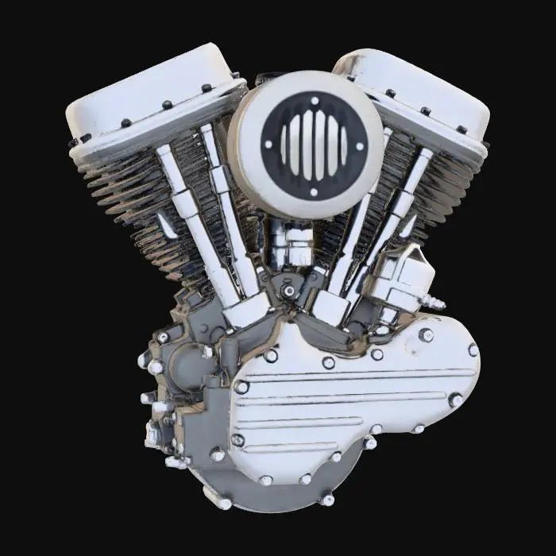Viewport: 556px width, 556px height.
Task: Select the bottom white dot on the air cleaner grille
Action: click(313, 191)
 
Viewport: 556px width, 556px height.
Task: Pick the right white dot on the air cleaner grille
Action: click(360, 146)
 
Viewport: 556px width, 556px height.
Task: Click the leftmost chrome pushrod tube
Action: click(191, 222)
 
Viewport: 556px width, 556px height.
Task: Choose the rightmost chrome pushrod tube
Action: click(397, 214)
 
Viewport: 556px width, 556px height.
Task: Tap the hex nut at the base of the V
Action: click(289, 291)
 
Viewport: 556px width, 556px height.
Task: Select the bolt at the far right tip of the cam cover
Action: click(473, 349)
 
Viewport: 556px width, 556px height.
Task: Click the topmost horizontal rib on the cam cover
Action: click(357, 373)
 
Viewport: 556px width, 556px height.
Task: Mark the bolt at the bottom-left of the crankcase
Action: click(224, 503)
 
